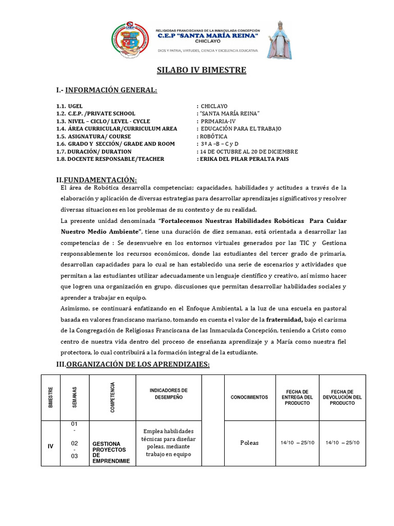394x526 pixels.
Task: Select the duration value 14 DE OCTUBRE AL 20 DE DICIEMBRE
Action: click(x=246, y=152)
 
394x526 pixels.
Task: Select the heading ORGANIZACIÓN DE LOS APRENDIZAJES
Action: click(x=132, y=364)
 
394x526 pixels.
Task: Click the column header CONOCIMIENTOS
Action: click(x=249, y=397)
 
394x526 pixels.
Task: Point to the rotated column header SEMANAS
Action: click(x=75, y=397)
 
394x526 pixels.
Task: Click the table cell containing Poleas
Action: click(x=249, y=443)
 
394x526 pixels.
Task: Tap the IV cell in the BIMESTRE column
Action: click(x=50, y=446)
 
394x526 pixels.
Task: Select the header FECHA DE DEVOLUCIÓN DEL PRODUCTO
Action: click(x=342, y=397)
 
